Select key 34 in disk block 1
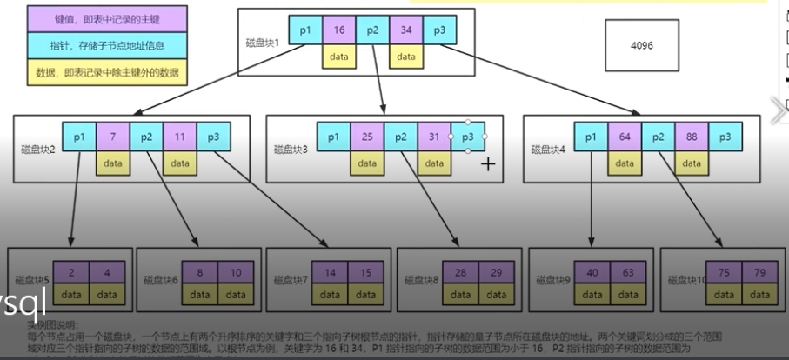click(x=405, y=30)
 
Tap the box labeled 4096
click(x=642, y=45)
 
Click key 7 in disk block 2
click(x=113, y=137)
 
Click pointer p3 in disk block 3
click(x=467, y=137)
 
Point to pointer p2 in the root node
click(x=371, y=30)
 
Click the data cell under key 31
click(x=434, y=162)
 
